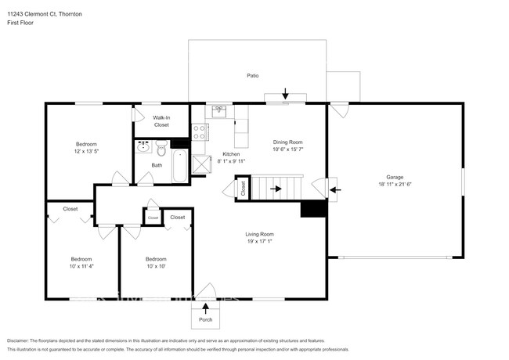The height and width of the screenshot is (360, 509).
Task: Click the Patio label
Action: (253, 76)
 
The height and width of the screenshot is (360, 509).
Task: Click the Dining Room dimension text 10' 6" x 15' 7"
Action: (288, 149)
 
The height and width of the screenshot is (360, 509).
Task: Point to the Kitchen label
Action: (231, 154)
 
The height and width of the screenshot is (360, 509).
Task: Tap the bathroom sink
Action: (143, 146)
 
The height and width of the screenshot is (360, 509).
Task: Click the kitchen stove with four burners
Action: (199, 130)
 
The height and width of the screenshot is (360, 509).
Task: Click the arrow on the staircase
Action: (276, 189)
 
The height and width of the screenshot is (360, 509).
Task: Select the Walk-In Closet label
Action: (161, 121)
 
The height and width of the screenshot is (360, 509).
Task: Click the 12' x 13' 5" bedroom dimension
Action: (86, 150)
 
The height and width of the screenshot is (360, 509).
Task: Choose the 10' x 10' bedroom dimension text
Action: (156, 265)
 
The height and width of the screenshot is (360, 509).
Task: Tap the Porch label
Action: (205, 319)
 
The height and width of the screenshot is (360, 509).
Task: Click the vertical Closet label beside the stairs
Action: (244, 189)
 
